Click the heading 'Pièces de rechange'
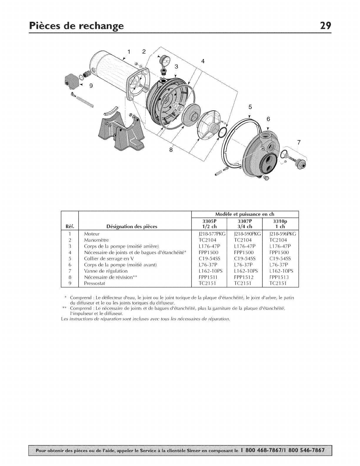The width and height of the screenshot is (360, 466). pyautogui.click(x=76, y=26)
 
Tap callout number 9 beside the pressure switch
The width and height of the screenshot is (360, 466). pyautogui.click(x=91, y=86)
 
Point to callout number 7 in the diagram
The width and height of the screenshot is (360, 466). pyautogui.click(x=299, y=143)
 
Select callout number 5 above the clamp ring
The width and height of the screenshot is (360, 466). pyautogui.click(x=250, y=107)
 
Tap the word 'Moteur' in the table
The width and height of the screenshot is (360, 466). pyautogui.click(x=92, y=234)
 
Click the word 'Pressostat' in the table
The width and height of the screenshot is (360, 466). pyautogui.click(x=94, y=283)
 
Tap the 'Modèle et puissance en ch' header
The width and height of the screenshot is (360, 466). pyautogui.click(x=245, y=214)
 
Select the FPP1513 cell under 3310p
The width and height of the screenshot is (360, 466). pyautogui.click(x=278, y=277)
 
